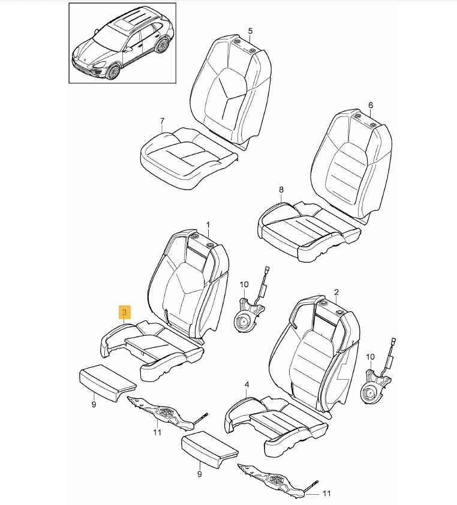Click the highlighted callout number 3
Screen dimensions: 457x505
(x=125, y=312)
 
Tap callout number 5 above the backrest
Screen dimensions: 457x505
(x=250, y=31)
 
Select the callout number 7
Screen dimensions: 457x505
(x=162, y=121)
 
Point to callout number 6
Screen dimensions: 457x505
(x=371, y=105)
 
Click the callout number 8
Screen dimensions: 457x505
(x=281, y=190)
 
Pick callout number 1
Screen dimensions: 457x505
(x=208, y=224)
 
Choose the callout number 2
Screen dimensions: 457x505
(x=336, y=292)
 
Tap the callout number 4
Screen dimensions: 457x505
(x=246, y=384)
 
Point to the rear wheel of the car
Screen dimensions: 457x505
(x=162, y=46)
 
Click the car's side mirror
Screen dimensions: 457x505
(x=129, y=49)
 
